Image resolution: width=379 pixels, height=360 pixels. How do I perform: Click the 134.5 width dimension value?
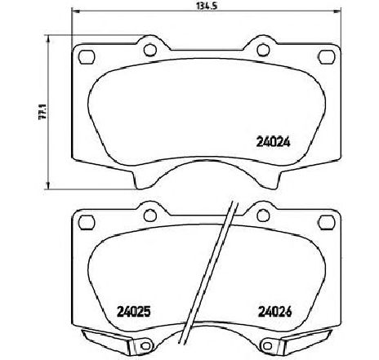207,7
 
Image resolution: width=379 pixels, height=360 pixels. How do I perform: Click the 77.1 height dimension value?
42,112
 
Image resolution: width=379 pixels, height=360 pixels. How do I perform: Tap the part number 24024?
274,142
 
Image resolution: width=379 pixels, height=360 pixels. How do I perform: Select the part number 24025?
133,312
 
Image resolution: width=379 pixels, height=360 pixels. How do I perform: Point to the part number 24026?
274,312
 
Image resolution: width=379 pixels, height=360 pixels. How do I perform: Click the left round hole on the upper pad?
150,50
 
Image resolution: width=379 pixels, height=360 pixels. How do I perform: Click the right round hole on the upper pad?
263,50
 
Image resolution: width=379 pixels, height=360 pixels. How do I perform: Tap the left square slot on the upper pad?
87,57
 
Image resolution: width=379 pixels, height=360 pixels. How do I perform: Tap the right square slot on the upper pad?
327,57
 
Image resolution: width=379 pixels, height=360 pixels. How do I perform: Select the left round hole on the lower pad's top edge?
150,216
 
